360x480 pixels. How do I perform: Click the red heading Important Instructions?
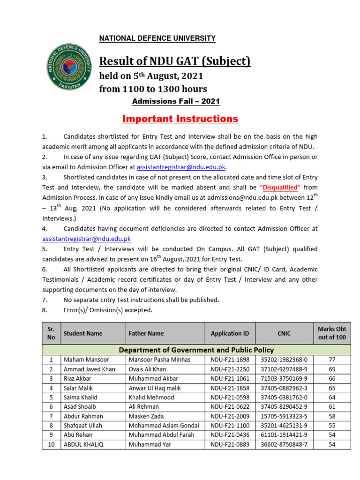pyautogui.click(x=180, y=119)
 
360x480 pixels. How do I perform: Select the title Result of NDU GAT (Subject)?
pyautogui.click(x=174, y=61)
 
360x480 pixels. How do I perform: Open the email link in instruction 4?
pyautogui.click(x=86, y=239)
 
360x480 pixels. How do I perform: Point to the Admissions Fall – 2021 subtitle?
pyautogui.click(x=175, y=101)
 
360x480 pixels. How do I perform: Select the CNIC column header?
pyautogui.click(x=284, y=333)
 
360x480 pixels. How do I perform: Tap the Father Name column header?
pyautogui.click(x=146, y=333)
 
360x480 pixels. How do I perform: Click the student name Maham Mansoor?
pyautogui.click(x=86, y=360)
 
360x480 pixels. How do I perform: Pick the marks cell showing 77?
pyautogui.click(x=332, y=360)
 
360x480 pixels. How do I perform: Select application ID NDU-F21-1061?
pyautogui.click(x=230, y=379)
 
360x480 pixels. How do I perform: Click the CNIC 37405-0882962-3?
pyautogui.click(x=284, y=388)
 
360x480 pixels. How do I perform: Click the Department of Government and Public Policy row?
pyautogui.click(x=196, y=350)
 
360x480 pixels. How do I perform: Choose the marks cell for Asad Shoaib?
pyautogui.click(x=332, y=407)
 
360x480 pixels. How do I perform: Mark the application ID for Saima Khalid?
pyautogui.click(x=230, y=397)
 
